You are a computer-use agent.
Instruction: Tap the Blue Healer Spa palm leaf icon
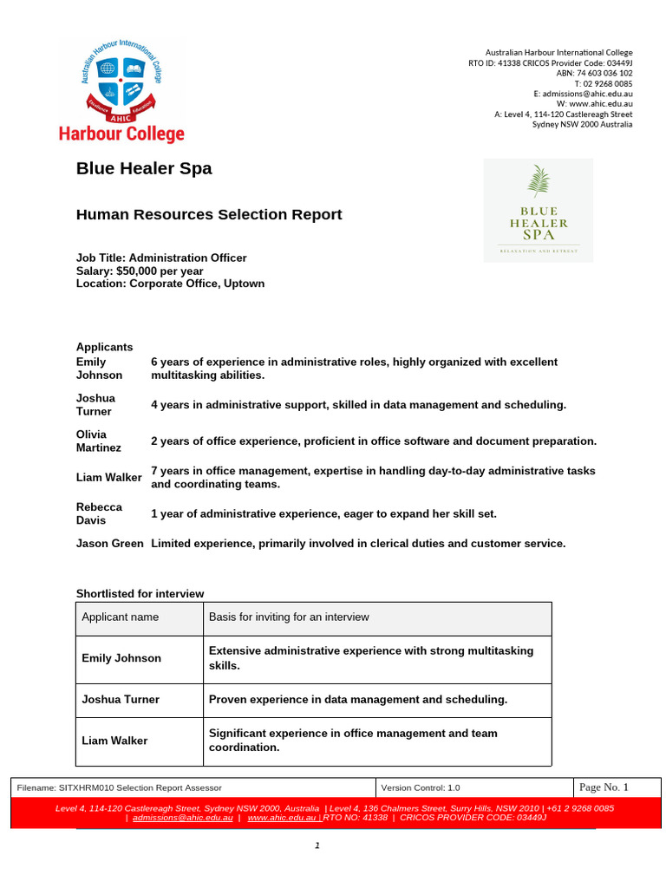click(538, 184)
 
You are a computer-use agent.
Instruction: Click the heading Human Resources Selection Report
click(209, 214)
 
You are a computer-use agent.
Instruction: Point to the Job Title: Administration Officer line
click(161, 258)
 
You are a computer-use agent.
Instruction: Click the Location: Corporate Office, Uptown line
click(170, 284)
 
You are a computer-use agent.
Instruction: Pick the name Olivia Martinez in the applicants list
click(99, 441)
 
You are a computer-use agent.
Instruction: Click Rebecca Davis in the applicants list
click(99, 513)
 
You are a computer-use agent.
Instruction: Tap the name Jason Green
click(109, 544)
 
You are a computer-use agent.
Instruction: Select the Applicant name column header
click(120, 617)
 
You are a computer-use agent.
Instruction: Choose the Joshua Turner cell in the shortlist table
click(121, 699)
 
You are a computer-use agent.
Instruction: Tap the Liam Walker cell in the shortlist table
click(114, 741)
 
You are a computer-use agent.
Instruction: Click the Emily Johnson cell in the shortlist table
click(121, 658)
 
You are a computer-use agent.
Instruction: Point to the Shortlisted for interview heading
click(140, 594)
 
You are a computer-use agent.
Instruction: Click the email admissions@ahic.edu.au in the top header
click(586, 94)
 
